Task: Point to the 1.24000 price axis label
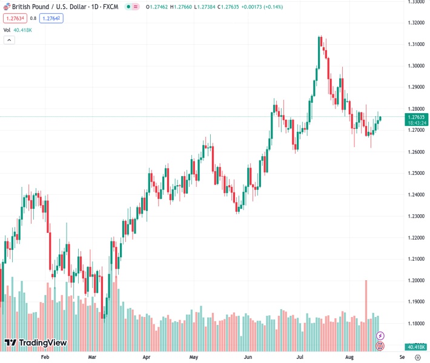[x=415, y=194]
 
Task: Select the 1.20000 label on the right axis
[x=415, y=280]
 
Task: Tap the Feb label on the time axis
[x=44, y=357]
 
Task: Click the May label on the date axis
[x=194, y=357]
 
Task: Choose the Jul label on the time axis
[x=300, y=357]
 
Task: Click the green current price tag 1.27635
[x=416, y=117]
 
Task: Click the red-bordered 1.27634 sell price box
[x=14, y=18]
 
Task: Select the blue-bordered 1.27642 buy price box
[x=50, y=18]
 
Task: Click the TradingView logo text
[x=36, y=343]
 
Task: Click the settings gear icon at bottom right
[x=417, y=357]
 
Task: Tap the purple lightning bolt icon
[x=380, y=335]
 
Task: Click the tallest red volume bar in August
[x=366, y=315]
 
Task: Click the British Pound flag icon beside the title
[x=7, y=6]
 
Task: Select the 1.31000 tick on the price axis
[x=415, y=44]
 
